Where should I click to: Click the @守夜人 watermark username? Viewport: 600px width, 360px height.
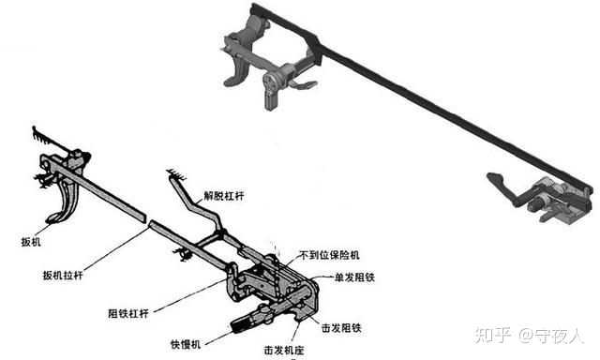(x=553, y=335)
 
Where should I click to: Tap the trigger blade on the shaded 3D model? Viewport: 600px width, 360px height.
(x=242, y=70)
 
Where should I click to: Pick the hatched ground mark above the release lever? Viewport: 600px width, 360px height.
(x=173, y=174)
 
